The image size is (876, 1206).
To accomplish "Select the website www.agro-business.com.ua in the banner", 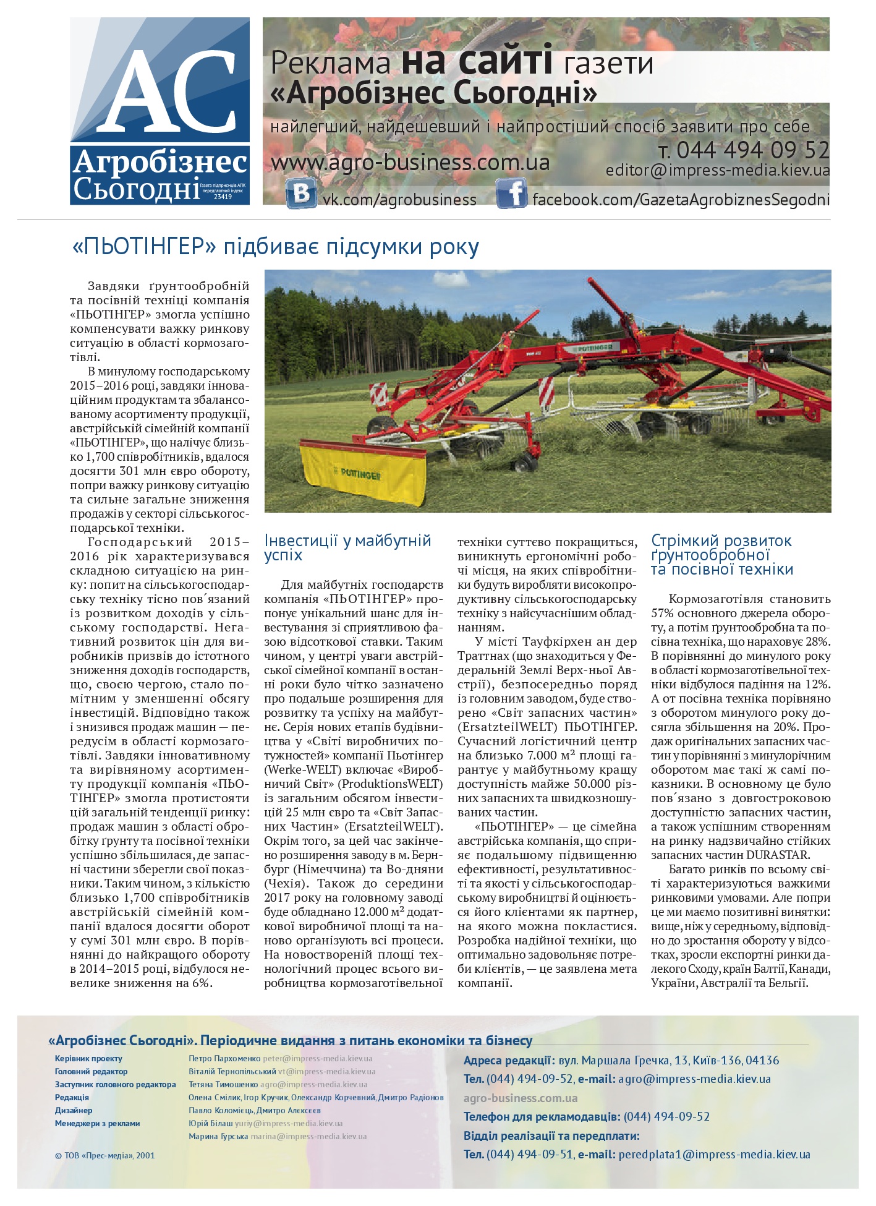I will pos(410,163).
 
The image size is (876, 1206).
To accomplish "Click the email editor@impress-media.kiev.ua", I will pos(717,171).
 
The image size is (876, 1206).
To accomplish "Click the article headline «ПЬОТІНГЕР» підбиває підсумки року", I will pos(276,247).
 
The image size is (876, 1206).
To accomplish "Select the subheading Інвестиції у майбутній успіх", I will pos(347,547).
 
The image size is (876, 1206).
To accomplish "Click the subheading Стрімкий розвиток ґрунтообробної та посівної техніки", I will pos(721,555).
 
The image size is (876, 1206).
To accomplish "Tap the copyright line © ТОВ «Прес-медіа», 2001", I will pos(104,1155).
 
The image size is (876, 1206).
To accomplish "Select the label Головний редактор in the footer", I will pos(91,1071).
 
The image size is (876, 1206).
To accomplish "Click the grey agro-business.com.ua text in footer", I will pos(521,1098).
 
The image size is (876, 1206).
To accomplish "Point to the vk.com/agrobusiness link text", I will pos(400,200).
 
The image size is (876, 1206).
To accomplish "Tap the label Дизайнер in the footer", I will pos(74,1110).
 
